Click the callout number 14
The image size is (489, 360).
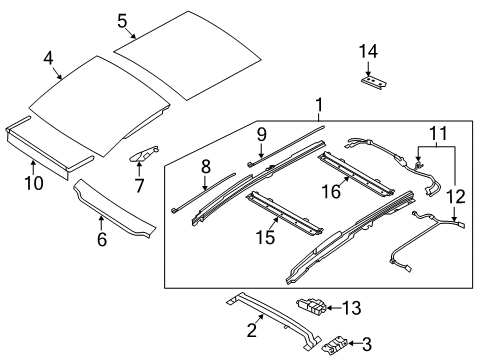point(368,52)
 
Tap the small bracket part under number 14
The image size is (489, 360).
point(374,82)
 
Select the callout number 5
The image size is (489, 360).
point(122,21)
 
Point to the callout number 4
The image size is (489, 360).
point(48,59)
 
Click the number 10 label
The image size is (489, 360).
point(34,183)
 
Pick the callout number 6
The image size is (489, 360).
point(102,239)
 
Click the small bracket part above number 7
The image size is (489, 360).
point(144,153)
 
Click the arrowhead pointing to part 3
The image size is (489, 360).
point(351,343)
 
